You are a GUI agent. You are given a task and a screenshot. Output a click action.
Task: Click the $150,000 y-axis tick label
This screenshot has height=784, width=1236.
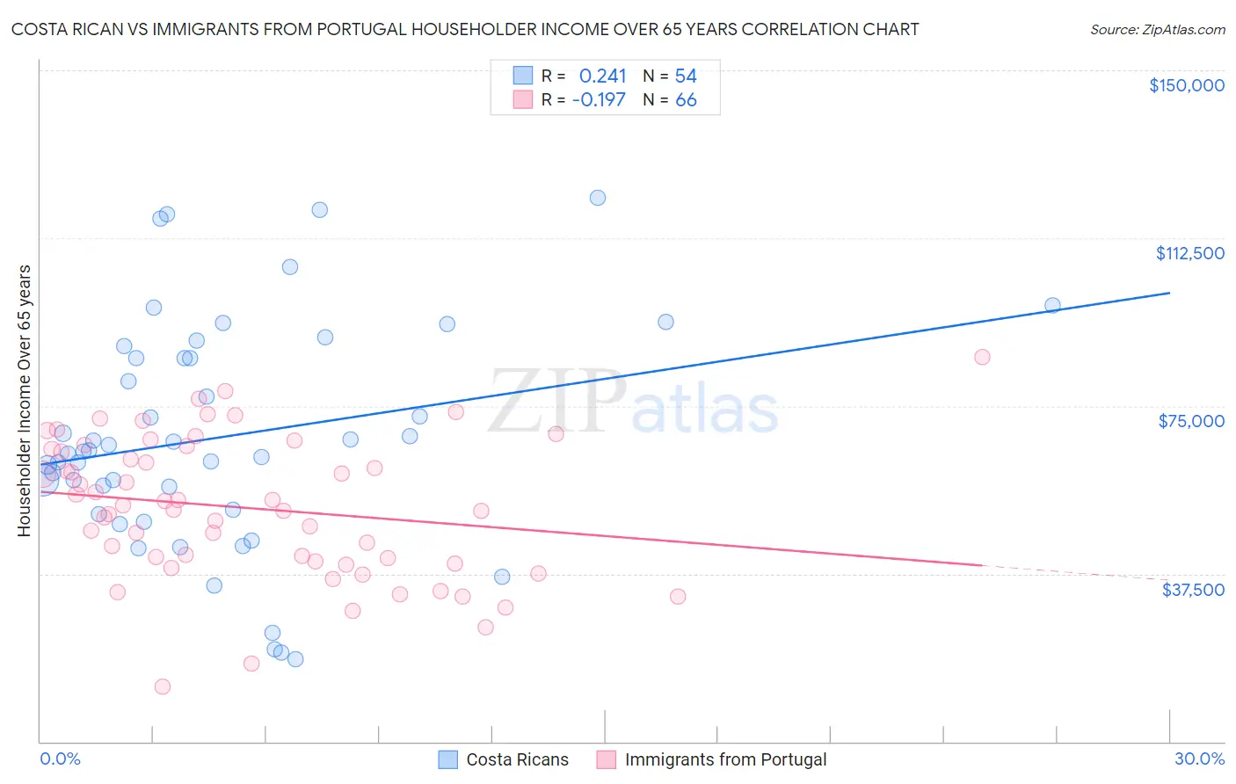point(1186,85)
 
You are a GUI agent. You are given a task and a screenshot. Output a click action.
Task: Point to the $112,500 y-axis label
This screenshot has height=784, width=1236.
point(1189,253)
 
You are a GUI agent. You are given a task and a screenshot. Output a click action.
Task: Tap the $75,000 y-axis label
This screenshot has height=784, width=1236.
point(1191,421)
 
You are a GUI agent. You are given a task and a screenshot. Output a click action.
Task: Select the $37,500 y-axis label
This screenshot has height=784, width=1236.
point(1193,590)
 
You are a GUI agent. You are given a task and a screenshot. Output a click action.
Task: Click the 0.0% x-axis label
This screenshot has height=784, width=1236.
point(60,759)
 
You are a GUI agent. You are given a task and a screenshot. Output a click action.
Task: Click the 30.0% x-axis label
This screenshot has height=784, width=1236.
point(1199,759)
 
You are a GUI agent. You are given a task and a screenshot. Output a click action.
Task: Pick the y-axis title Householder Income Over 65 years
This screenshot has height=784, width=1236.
point(25,400)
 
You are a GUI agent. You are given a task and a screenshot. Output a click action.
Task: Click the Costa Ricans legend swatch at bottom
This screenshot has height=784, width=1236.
point(447,759)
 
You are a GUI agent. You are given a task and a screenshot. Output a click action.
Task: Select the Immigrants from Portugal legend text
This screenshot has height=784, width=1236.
point(725,759)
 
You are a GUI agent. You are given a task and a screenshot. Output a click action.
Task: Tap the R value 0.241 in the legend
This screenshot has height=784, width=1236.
point(602,76)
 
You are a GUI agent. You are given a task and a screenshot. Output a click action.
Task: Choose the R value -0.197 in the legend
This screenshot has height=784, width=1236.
point(599,100)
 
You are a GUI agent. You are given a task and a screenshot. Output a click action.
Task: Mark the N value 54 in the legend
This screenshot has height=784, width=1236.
point(686,76)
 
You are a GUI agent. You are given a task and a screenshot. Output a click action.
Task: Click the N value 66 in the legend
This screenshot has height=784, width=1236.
point(686,100)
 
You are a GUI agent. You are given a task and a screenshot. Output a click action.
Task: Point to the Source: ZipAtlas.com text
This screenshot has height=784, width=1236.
point(1157,30)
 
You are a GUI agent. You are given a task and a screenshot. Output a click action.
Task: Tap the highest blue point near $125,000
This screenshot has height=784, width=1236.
point(598,198)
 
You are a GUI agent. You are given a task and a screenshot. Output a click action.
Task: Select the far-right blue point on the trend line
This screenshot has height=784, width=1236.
point(1052,306)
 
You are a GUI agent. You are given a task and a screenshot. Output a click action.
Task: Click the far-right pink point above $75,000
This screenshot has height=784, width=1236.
point(982,357)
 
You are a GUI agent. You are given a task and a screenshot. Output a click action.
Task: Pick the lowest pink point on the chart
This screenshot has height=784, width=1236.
point(163,686)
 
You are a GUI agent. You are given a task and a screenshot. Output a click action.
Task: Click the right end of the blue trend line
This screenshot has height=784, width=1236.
point(1169,293)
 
